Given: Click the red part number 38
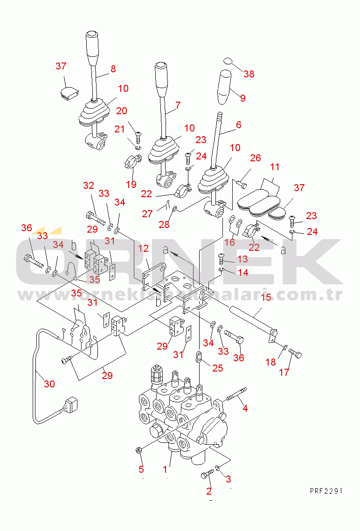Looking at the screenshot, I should pos(249,74).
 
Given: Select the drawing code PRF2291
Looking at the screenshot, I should pos(326,491).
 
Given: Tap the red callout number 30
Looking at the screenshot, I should pos(49,384).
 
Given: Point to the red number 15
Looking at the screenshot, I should pos(265,297).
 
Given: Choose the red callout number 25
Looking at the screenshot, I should pos(218,368).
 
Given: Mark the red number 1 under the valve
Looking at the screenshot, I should pos(165,469).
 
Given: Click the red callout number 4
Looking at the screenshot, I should pos(245,408).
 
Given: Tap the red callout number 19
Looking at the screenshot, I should pos(131,185).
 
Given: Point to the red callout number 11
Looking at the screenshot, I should pos(275,166).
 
